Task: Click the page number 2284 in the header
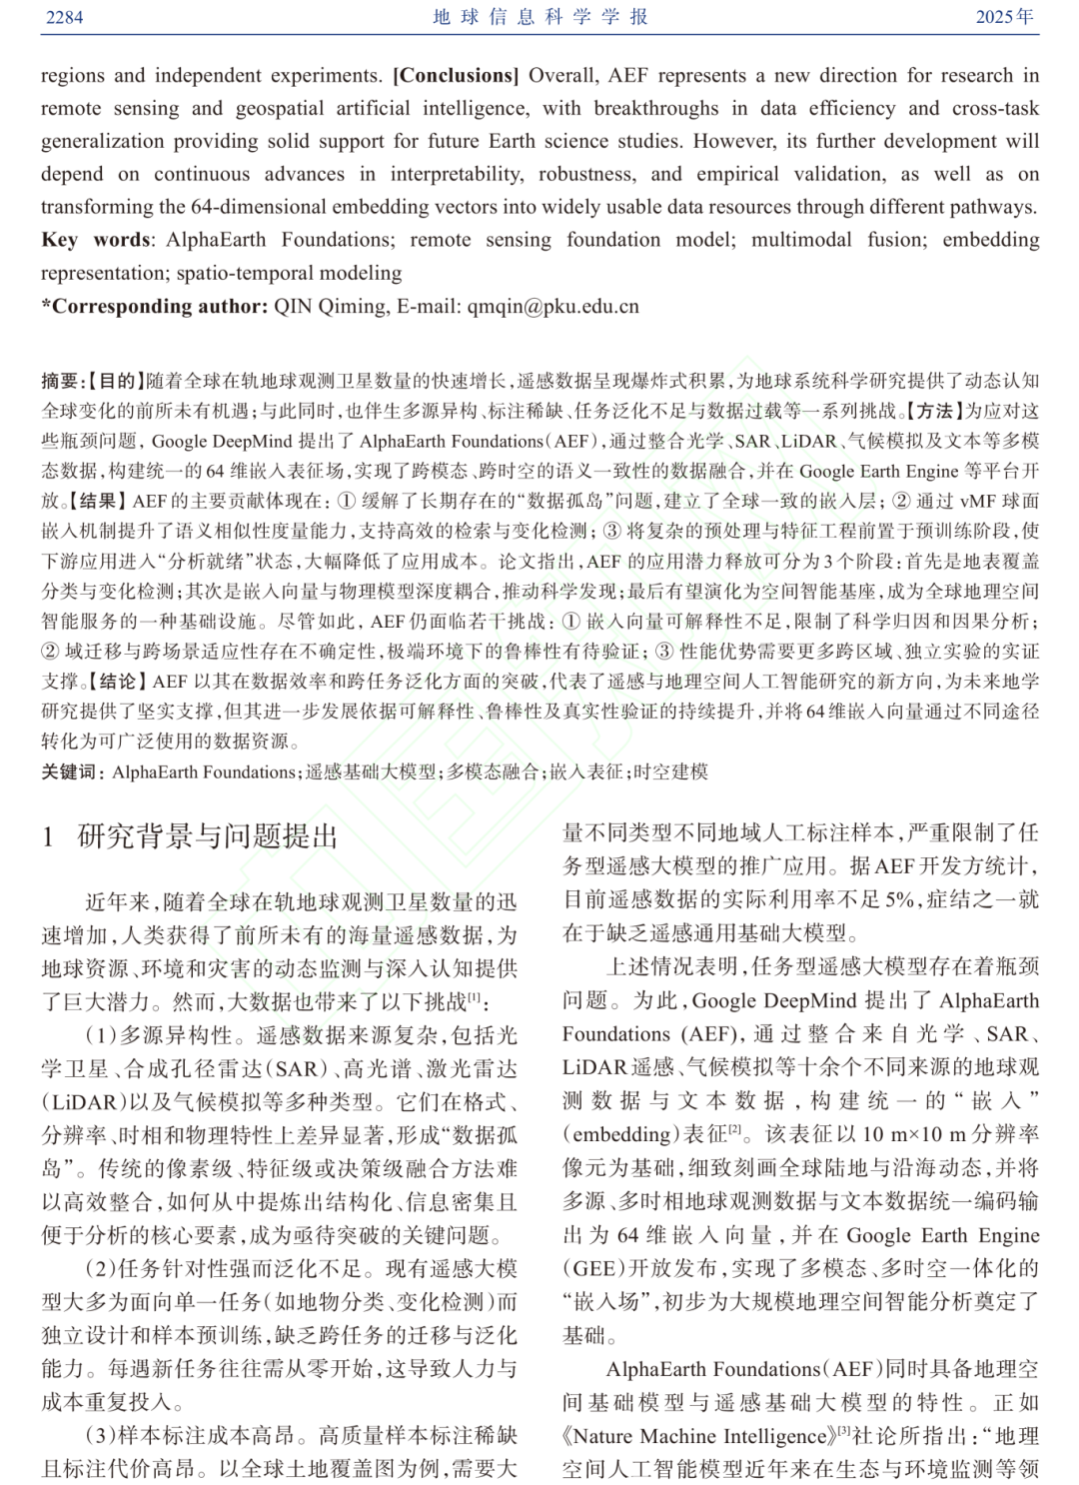[x=65, y=17]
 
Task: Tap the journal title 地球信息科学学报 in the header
[x=540, y=17]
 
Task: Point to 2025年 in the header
[x=1005, y=17]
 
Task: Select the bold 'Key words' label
[x=96, y=240]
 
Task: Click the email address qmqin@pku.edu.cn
[x=552, y=307]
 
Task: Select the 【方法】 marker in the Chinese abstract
[x=931, y=411]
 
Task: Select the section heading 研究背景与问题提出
[x=208, y=836]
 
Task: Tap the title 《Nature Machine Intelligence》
[x=696, y=1436]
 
